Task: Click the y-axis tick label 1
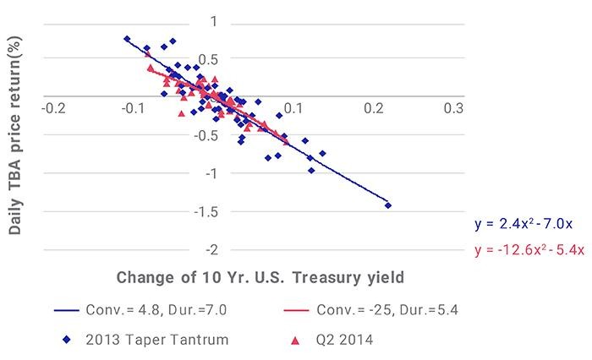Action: pos(214,21)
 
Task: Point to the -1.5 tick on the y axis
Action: pos(206,212)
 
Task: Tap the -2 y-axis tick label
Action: pos(211,250)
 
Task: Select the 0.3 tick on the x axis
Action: pos(453,109)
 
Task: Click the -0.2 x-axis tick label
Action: pos(53,109)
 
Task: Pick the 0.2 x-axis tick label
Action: pos(374,109)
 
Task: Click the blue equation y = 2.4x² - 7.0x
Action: pos(523,224)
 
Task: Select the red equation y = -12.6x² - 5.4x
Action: pos(529,250)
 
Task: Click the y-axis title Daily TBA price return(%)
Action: pos(14,135)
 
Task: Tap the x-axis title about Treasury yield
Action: pos(260,277)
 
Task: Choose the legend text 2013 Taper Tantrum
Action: pos(157,340)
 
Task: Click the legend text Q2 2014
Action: pos(344,340)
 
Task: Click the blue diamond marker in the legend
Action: pos(67,340)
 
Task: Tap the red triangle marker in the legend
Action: pos(296,341)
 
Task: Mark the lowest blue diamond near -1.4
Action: pos(387,205)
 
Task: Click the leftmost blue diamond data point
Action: pos(127,39)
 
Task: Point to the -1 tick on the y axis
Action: pos(211,173)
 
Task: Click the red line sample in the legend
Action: pos(296,310)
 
